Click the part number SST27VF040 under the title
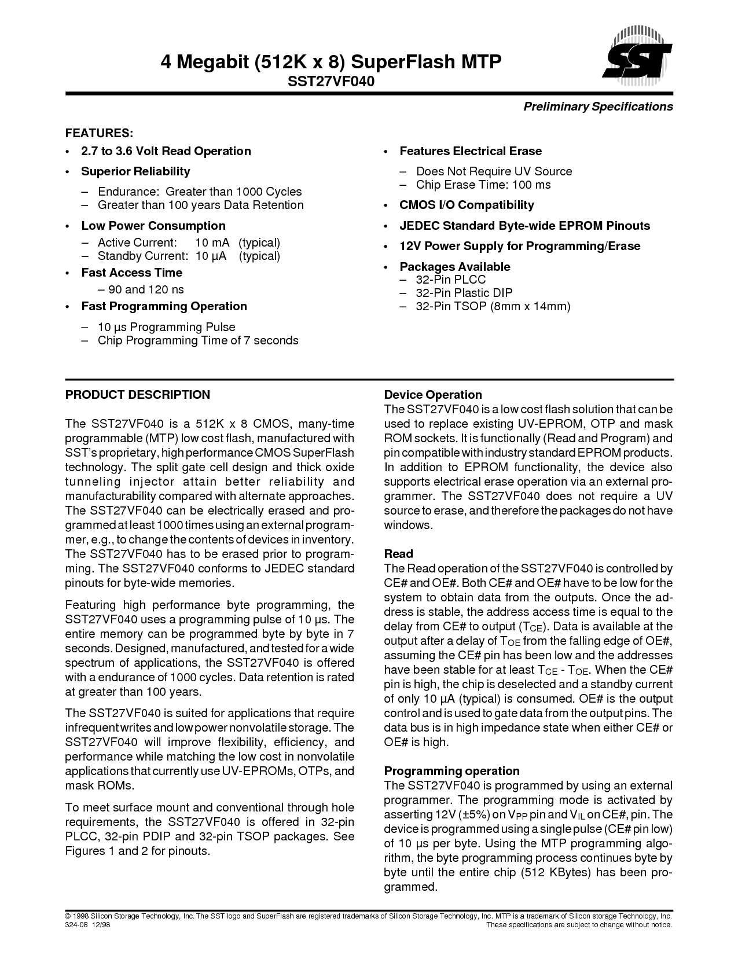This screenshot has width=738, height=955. (x=331, y=82)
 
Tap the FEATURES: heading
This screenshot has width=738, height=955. (x=100, y=133)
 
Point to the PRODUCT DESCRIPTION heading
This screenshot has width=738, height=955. (x=138, y=395)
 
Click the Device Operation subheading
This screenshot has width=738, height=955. (x=433, y=395)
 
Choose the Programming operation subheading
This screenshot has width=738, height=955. (x=452, y=771)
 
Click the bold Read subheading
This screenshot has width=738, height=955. (x=399, y=554)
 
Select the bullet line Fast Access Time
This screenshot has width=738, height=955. (x=131, y=273)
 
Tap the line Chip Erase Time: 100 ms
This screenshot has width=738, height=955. (x=483, y=185)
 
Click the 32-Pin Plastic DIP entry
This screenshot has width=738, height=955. (x=464, y=293)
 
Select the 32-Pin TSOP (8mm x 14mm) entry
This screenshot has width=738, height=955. (x=493, y=306)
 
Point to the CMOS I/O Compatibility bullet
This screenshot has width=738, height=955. (x=467, y=205)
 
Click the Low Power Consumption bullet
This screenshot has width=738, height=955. (x=153, y=226)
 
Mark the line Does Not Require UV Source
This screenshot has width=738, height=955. (x=494, y=171)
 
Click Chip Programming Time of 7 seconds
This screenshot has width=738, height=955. (x=198, y=340)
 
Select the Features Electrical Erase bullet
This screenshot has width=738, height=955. (x=471, y=151)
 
